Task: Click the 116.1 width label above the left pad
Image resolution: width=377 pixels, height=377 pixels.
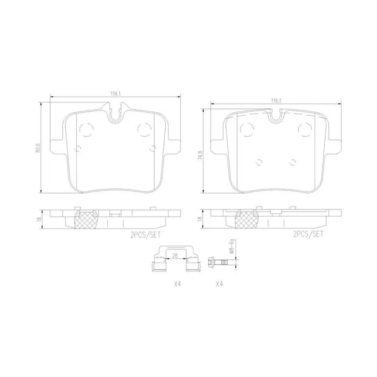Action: coord(115,94)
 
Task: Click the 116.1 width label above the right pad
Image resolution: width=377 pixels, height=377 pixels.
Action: coord(275,101)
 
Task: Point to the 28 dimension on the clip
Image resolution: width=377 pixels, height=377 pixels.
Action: coord(175,255)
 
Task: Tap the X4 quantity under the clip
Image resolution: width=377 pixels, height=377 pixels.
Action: coord(177,284)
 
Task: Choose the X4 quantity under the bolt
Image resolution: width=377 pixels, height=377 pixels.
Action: coord(219,284)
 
